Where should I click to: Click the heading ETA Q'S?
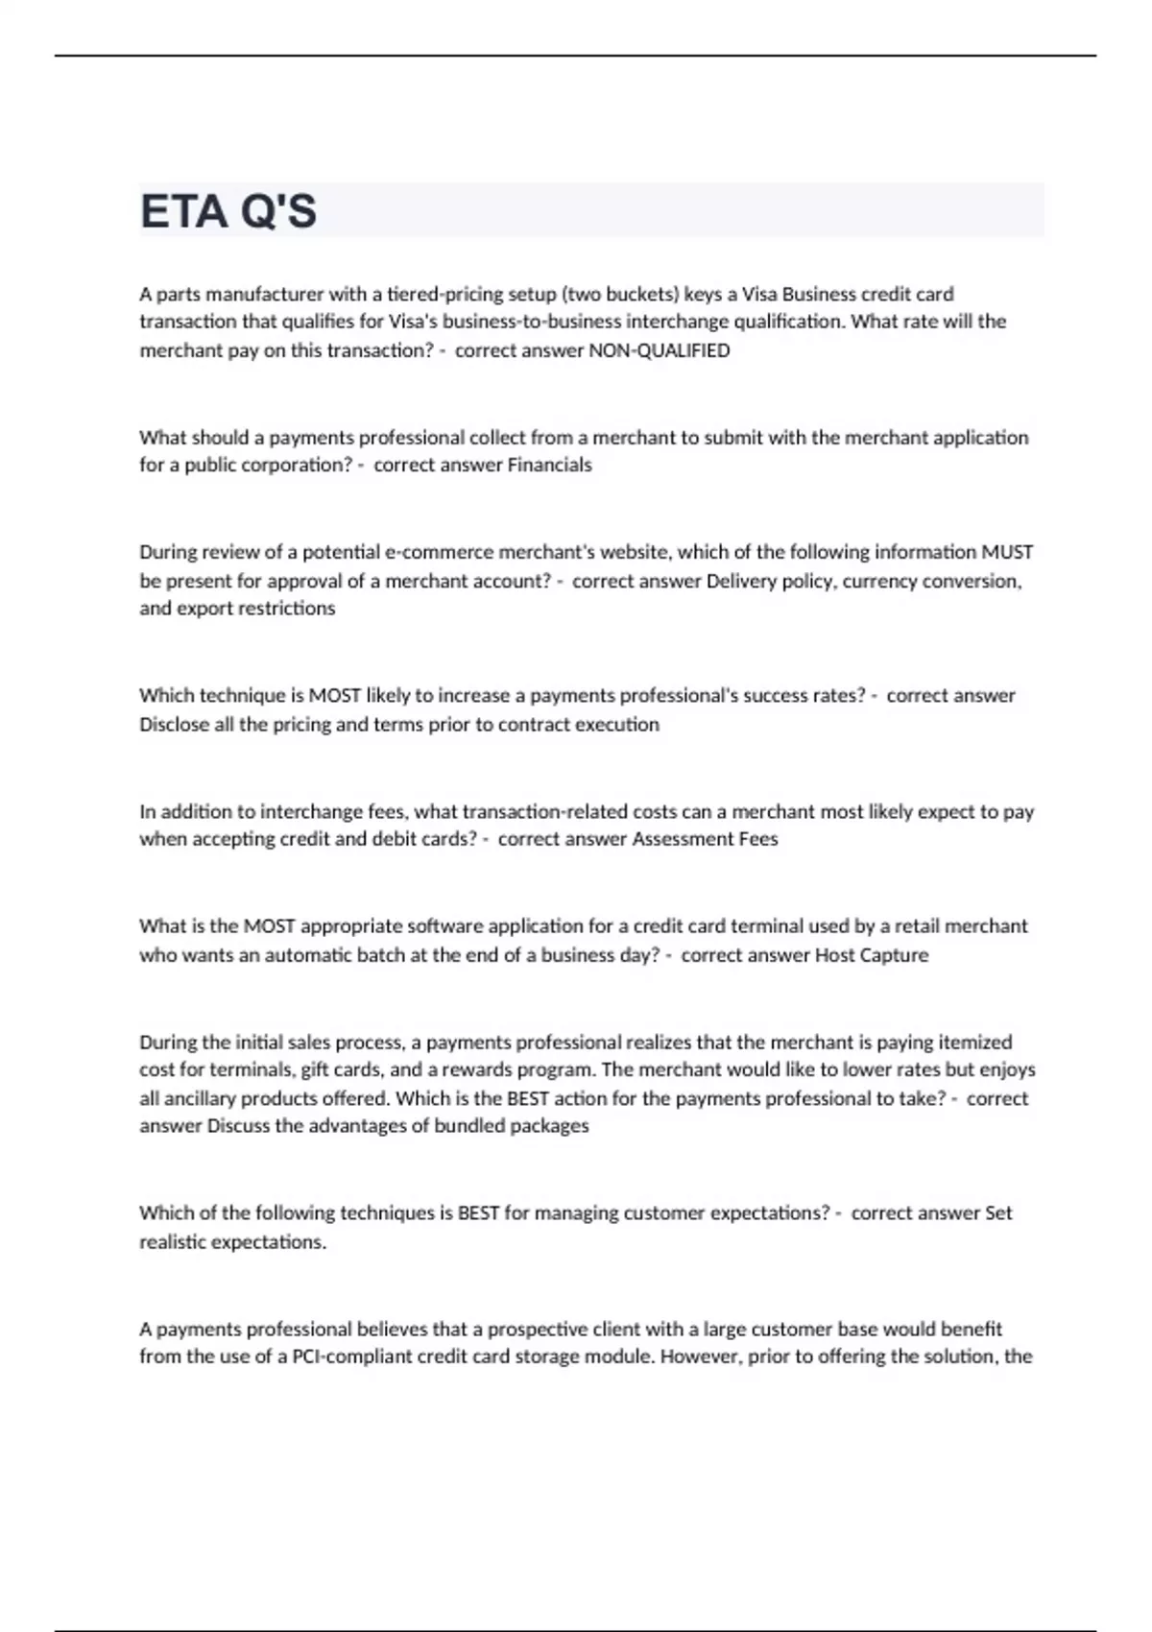tap(228, 211)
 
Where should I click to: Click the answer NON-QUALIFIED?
tap(659, 350)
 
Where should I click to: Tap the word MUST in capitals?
tap(1006, 552)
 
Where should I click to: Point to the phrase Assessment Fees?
tap(705, 839)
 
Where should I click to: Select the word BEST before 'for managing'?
tap(478, 1213)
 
